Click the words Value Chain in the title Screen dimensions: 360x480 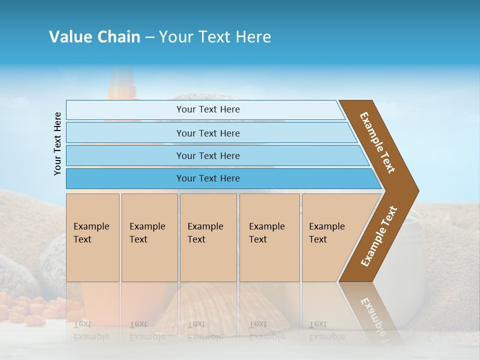click(x=94, y=37)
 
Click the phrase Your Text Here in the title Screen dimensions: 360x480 click(x=215, y=37)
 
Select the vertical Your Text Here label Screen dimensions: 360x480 click(x=57, y=143)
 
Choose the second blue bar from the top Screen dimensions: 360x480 click(x=207, y=133)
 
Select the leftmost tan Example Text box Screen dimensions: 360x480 click(x=92, y=237)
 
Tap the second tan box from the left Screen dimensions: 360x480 click(x=149, y=237)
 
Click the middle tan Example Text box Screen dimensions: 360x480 click(x=208, y=237)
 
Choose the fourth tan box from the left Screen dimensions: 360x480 click(x=269, y=237)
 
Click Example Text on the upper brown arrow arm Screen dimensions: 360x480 click(x=377, y=142)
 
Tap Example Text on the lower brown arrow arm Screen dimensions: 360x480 click(x=379, y=236)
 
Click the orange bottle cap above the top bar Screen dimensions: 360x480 click(x=121, y=87)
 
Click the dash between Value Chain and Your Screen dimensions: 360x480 click(x=149, y=37)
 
